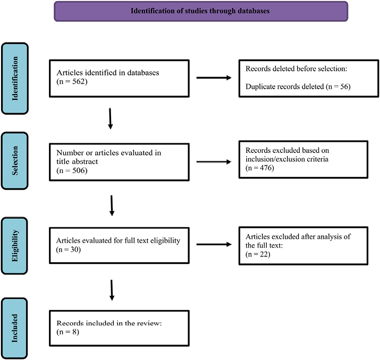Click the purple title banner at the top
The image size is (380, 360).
(201, 11)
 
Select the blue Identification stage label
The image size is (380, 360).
(15, 79)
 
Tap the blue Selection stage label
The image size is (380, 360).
(14, 161)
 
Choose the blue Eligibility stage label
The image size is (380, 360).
(14, 246)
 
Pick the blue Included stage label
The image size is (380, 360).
(14, 328)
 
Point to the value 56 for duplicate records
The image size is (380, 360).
(344, 87)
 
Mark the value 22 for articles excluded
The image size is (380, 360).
(264, 254)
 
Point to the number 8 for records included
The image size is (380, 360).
(74, 332)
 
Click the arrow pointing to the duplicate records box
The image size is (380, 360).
(214, 78)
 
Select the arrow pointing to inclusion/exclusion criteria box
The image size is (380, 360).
(214, 162)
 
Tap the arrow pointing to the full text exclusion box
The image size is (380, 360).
(214, 244)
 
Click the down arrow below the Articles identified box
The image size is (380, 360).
(110, 118)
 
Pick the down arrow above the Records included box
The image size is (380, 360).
(112, 290)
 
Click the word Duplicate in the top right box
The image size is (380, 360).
(260, 87)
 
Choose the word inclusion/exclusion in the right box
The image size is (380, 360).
(274, 159)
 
